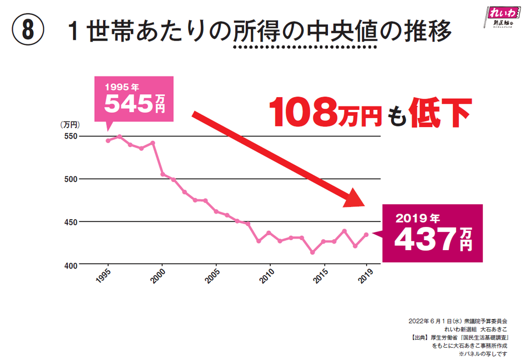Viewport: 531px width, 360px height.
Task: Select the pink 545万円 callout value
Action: (x=135, y=103)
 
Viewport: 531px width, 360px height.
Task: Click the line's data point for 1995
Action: (x=108, y=141)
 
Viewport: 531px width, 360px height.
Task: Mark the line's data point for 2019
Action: (x=366, y=235)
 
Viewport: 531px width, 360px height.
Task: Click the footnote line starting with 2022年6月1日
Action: (x=458, y=321)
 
